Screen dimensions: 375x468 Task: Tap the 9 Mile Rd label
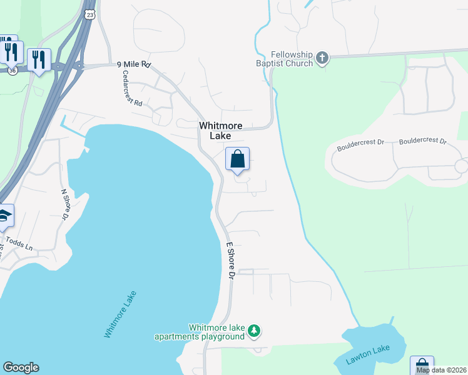click(134, 64)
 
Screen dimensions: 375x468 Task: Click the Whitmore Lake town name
click(220, 131)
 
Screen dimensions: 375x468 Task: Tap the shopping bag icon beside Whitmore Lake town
click(237, 159)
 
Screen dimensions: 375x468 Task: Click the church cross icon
click(322, 59)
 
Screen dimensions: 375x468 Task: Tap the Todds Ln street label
click(19, 243)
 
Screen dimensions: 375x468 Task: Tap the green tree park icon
click(253, 330)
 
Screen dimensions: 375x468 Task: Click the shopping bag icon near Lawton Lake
click(421, 365)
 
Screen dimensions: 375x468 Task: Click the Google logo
click(21, 367)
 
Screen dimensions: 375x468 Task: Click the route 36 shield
click(13, 71)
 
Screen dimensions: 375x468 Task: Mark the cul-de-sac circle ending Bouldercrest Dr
click(461, 166)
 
